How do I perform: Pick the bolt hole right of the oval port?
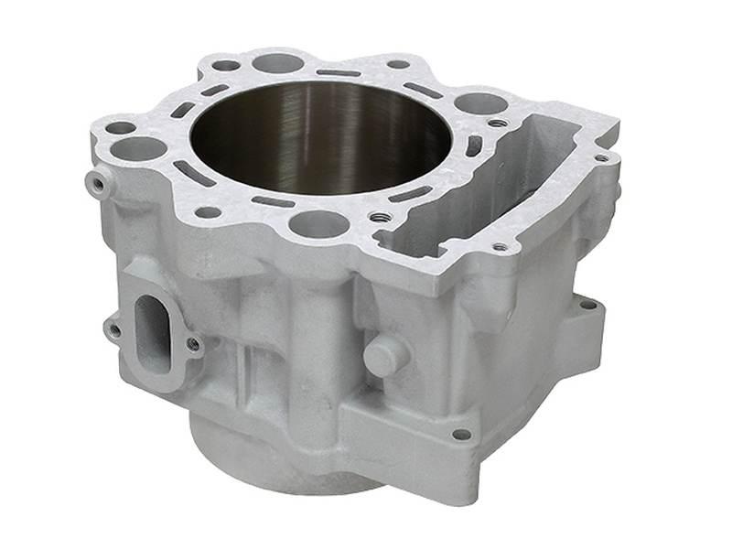coord(193,344)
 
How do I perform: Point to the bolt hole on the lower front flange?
coord(461,434)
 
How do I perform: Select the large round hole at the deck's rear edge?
coord(277,63)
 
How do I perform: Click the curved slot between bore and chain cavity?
coord(473,145)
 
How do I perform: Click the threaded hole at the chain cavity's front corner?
coord(500,246)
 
